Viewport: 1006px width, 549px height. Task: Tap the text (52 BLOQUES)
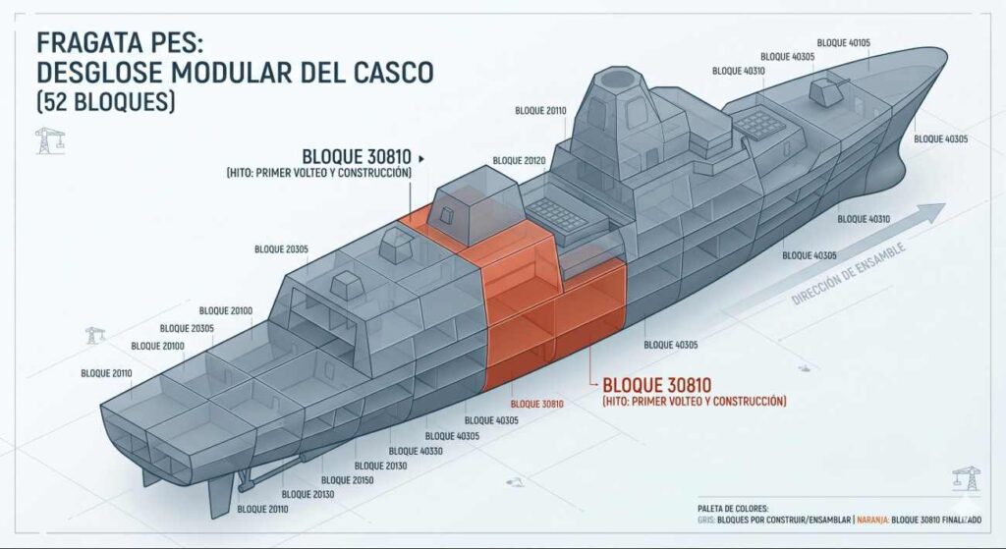pos(106,101)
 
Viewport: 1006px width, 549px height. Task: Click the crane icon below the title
pos(50,140)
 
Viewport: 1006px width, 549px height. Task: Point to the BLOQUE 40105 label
pos(844,43)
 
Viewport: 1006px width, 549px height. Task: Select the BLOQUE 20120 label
pos(519,161)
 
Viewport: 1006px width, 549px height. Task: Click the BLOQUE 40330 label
pos(416,452)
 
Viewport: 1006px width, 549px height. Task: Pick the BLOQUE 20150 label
pos(347,480)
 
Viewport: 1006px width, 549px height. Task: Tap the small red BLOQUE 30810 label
pos(537,404)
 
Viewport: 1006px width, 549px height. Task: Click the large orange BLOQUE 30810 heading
pos(657,385)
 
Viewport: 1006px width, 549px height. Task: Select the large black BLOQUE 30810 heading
pos(357,156)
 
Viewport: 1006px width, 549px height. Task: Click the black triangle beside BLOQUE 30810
pos(420,158)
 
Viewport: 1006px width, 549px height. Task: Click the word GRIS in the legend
pos(705,521)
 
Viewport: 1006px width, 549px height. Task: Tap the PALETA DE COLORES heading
pos(733,509)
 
